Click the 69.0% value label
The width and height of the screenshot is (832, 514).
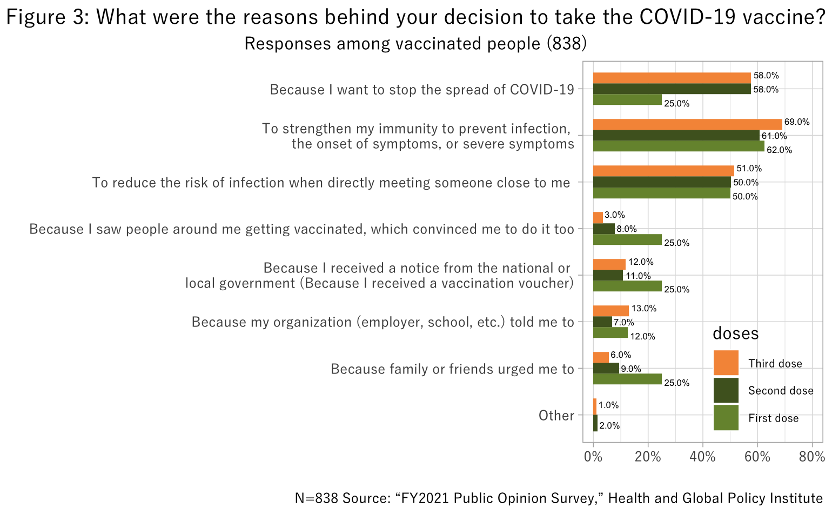[x=797, y=122]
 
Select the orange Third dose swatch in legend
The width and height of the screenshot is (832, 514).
[x=726, y=363]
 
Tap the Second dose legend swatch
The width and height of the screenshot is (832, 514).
[x=726, y=390]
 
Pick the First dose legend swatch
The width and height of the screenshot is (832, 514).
[x=726, y=418]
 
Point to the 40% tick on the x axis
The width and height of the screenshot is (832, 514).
[x=702, y=457]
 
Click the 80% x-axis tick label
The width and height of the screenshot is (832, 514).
[x=811, y=457]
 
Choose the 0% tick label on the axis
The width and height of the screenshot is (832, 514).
[x=593, y=457]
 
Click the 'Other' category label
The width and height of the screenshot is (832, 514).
[x=556, y=415]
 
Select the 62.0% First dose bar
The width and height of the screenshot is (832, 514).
[x=679, y=146]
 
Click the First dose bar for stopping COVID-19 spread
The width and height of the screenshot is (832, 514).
[x=627, y=100]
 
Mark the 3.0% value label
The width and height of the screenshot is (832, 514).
[x=615, y=215]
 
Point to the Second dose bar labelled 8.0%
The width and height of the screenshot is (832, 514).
[x=604, y=229]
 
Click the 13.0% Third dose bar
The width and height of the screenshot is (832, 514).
[x=611, y=311]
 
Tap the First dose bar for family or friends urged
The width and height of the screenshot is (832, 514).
[x=627, y=379]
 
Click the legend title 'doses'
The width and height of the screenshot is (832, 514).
[x=735, y=333]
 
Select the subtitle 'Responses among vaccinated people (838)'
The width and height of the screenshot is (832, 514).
[x=415, y=43]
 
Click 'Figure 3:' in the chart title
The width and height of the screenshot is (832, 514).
[x=48, y=17]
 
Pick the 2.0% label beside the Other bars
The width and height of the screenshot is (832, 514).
[x=609, y=426]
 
